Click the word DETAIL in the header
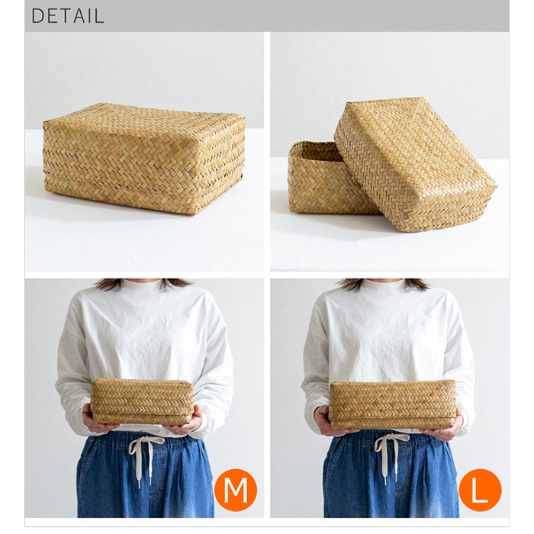[68, 16]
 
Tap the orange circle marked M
[235, 490]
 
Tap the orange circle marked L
[480, 490]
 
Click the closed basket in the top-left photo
[143, 159]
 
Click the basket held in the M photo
[142, 401]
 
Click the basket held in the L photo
[393, 404]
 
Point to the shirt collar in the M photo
[143, 285]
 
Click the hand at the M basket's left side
[94, 420]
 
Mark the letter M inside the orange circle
[235, 491]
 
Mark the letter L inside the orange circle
[480, 491]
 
